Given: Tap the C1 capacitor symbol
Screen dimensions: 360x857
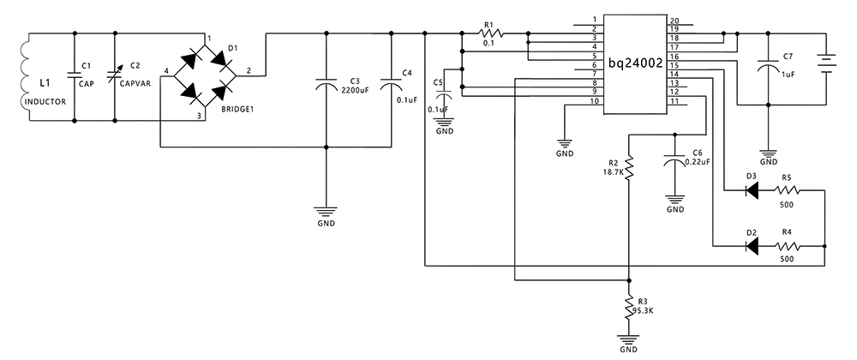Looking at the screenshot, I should coord(74,76).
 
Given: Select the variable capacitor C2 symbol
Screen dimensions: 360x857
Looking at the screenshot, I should coord(115,76).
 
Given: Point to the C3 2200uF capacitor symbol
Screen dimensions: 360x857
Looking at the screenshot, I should coord(327,86).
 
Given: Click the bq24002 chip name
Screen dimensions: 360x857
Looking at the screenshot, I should coord(635,64).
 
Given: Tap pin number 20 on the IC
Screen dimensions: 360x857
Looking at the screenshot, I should coord(674,21).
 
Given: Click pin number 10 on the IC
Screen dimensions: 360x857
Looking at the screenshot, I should coord(592,102).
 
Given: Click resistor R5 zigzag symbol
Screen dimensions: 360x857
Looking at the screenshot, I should coord(786,190).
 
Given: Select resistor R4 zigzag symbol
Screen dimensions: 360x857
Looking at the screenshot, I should coord(786,246).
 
